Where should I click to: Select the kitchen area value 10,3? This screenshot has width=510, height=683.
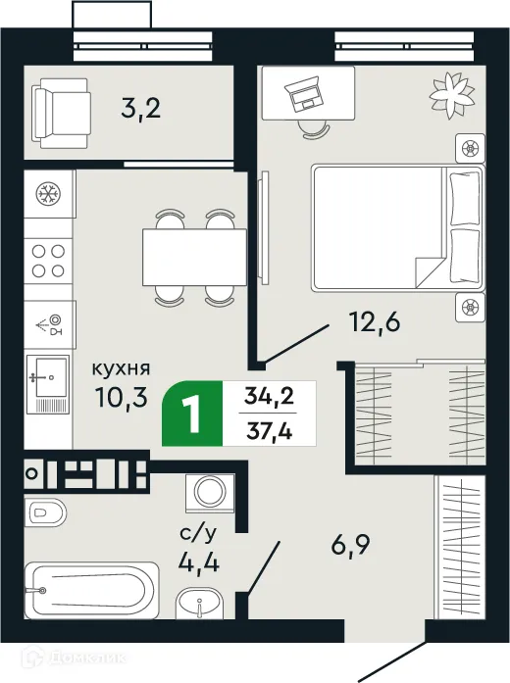(119, 399)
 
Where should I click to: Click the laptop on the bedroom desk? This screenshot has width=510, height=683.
(303, 94)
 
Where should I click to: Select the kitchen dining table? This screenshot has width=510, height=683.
(194, 257)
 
